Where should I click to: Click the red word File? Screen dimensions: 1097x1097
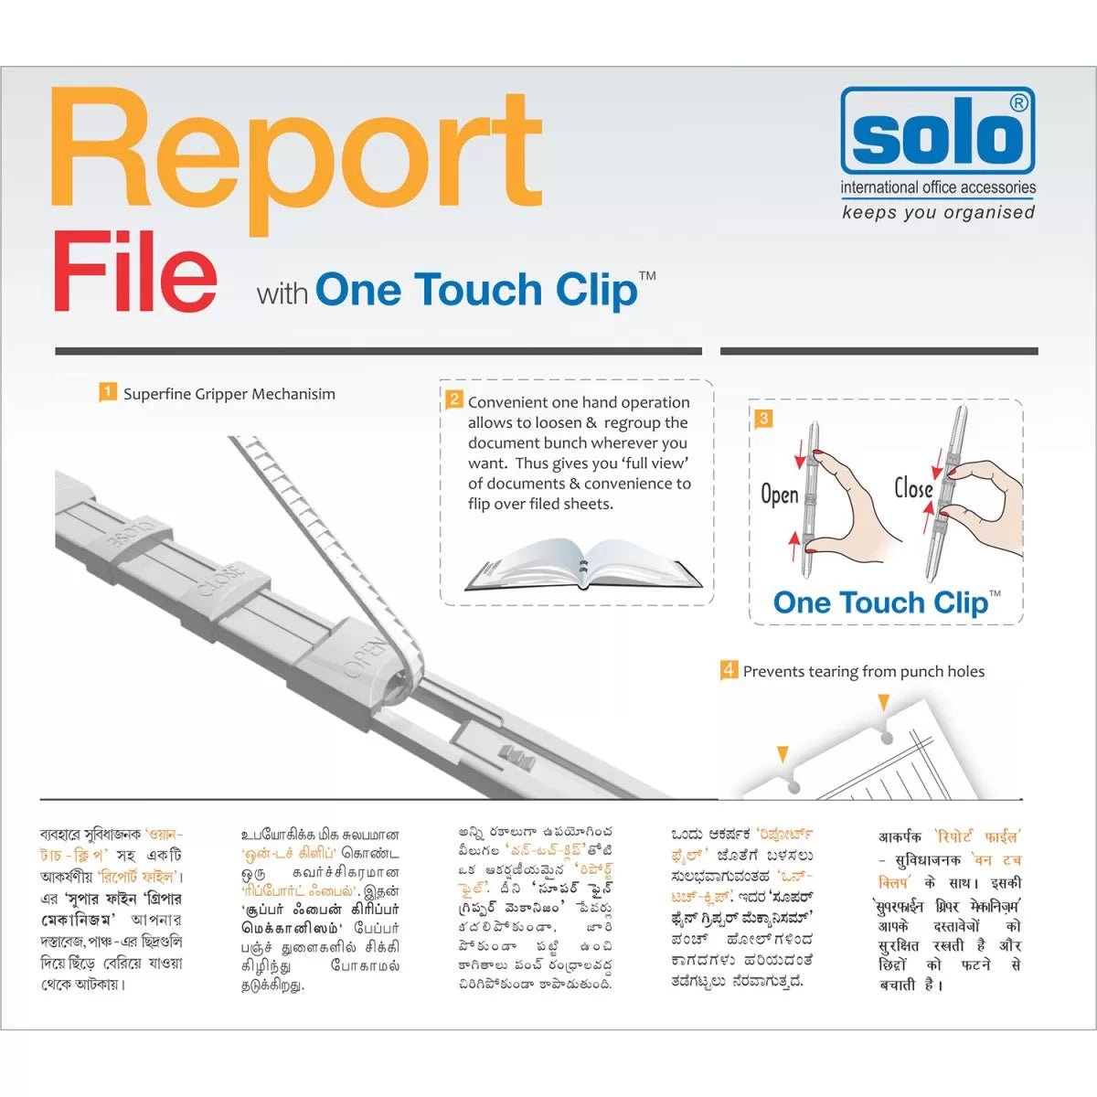[135, 272]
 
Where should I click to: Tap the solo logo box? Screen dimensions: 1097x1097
[938, 131]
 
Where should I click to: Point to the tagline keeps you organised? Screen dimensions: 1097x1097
[938, 212]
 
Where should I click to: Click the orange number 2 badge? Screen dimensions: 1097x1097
[453, 399]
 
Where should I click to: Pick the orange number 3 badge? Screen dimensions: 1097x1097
[764, 419]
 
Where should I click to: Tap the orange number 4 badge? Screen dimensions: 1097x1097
[729, 670]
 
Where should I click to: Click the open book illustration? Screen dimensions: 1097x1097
[584, 566]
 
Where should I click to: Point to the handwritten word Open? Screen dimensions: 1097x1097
[780, 495]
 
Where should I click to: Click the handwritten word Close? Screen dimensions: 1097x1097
[913, 488]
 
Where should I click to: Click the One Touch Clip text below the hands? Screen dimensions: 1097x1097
[880, 603]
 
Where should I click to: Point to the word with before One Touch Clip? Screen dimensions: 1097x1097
[282, 294]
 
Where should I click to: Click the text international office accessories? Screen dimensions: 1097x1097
[938, 188]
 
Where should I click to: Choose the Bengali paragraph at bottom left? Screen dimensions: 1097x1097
[112, 910]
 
